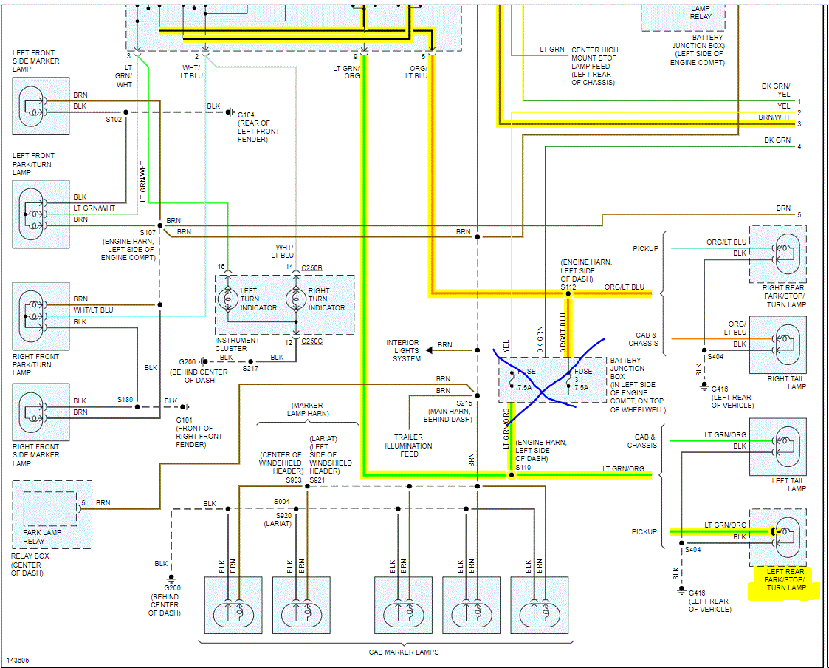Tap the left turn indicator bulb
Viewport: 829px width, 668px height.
click(x=227, y=299)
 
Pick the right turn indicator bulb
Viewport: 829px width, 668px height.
click(x=296, y=299)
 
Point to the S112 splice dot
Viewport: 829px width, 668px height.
click(x=568, y=294)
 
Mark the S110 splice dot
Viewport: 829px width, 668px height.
click(x=511, y=475)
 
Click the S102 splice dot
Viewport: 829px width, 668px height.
click(x=125, y=112)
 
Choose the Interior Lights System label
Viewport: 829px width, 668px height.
click(x=403, y=351)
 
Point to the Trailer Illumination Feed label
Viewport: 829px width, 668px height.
click(x=409, y=446)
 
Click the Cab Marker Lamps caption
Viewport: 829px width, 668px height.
click(x=403, y=652)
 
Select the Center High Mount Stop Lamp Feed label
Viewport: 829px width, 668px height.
click(x=594, y=67)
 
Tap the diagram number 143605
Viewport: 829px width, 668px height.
click(x=19, y=660)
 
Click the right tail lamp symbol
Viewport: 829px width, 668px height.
click(x=778, y=345)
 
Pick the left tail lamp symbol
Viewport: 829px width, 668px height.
click(x=778, y=447)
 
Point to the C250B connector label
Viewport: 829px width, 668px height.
click(x=312, y=267)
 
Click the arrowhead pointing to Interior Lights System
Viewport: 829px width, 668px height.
click(x=430, y=351)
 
